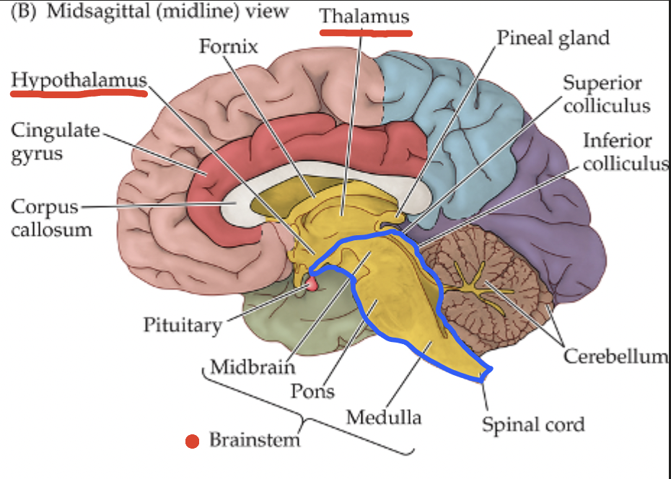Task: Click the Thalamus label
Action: pyautogui.click(x=364, y=16)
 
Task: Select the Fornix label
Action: pyautogui.click(x=228, y=47)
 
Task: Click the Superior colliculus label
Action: pyautogui.click(x=606, y=94)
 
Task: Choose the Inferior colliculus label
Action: pyautogui.click(x=625, y=151)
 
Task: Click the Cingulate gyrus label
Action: pyautogui.click(x=55, y=141)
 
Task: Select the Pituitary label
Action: pyautogui.click(x=182, y=325)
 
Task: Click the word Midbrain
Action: pyautogui.click(x=253, y=366)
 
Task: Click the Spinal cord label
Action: pyautogui.click(x=533, y=423)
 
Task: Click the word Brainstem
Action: pyautogui.click(x=254, y=439)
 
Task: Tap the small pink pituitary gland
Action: pyautogui.click(x=312, y=284)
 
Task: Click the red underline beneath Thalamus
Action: pyautogui.click(x=365, y=32)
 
